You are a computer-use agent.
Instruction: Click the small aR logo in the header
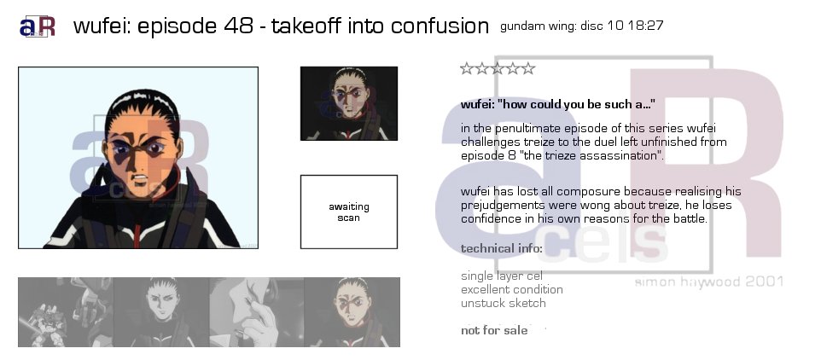(x=38, y=26)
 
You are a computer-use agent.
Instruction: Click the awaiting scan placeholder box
(x=349, y=212)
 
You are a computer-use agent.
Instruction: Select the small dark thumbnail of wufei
(x=349, y=103)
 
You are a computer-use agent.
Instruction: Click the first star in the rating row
(x=467, y=68)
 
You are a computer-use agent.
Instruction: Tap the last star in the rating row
(x=528, y=68)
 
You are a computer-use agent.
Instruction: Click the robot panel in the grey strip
(x=66, y=312)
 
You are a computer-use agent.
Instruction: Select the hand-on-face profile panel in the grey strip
(x=257, y=312)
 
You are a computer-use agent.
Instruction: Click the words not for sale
(x=494, y=330)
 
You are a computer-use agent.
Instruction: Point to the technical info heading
(x=502, y=248)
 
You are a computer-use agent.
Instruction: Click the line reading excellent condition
(x=512, y=289)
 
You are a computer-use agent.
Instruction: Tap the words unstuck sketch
(x=504, y=303)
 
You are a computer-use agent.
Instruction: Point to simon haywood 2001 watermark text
(x=709, y=282)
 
